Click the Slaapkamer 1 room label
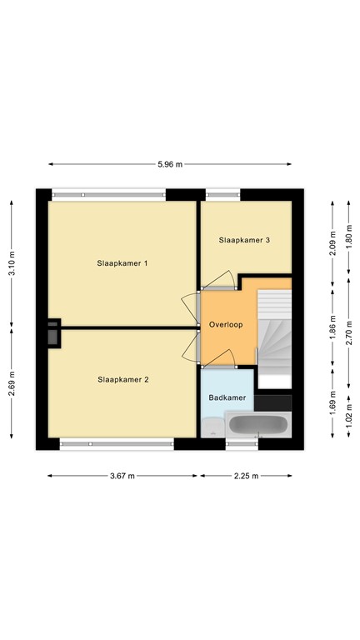point(122,263)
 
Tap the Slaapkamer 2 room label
point(122,379)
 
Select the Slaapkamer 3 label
point(244,240)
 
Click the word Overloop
point(226,325)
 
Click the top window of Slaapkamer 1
point(108,195)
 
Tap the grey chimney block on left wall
point(52,332)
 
